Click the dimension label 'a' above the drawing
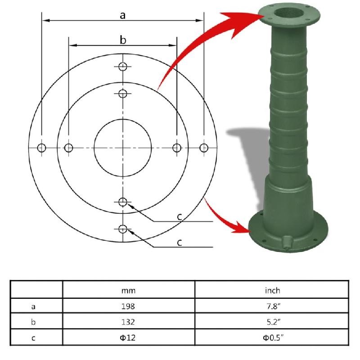[122, 15]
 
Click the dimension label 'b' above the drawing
[122, 40]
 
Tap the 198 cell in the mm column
[128, 307]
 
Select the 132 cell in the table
[128, 322]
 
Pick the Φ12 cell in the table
[128, 338]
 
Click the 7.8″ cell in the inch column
[272, 307]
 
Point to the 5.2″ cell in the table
[272, 322]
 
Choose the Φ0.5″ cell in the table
[272, 338]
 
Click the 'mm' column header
[128, 290]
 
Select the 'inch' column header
[272, 290]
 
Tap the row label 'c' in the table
[33, 338]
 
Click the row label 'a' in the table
[33, 307]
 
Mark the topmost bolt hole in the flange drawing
[122, 67]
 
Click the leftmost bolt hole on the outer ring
[41, 148]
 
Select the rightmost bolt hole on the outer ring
[204, 148]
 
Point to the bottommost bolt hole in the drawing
[122, 229]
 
